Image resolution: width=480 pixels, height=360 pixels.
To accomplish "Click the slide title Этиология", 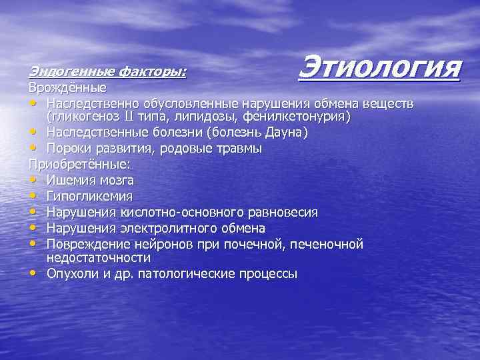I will pos(380,67).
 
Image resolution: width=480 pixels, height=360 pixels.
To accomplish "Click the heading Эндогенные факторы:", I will pos(107,71).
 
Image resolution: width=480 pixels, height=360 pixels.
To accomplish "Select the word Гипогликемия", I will pos(89,196).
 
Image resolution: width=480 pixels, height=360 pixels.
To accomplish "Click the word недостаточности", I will pos(99,257).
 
